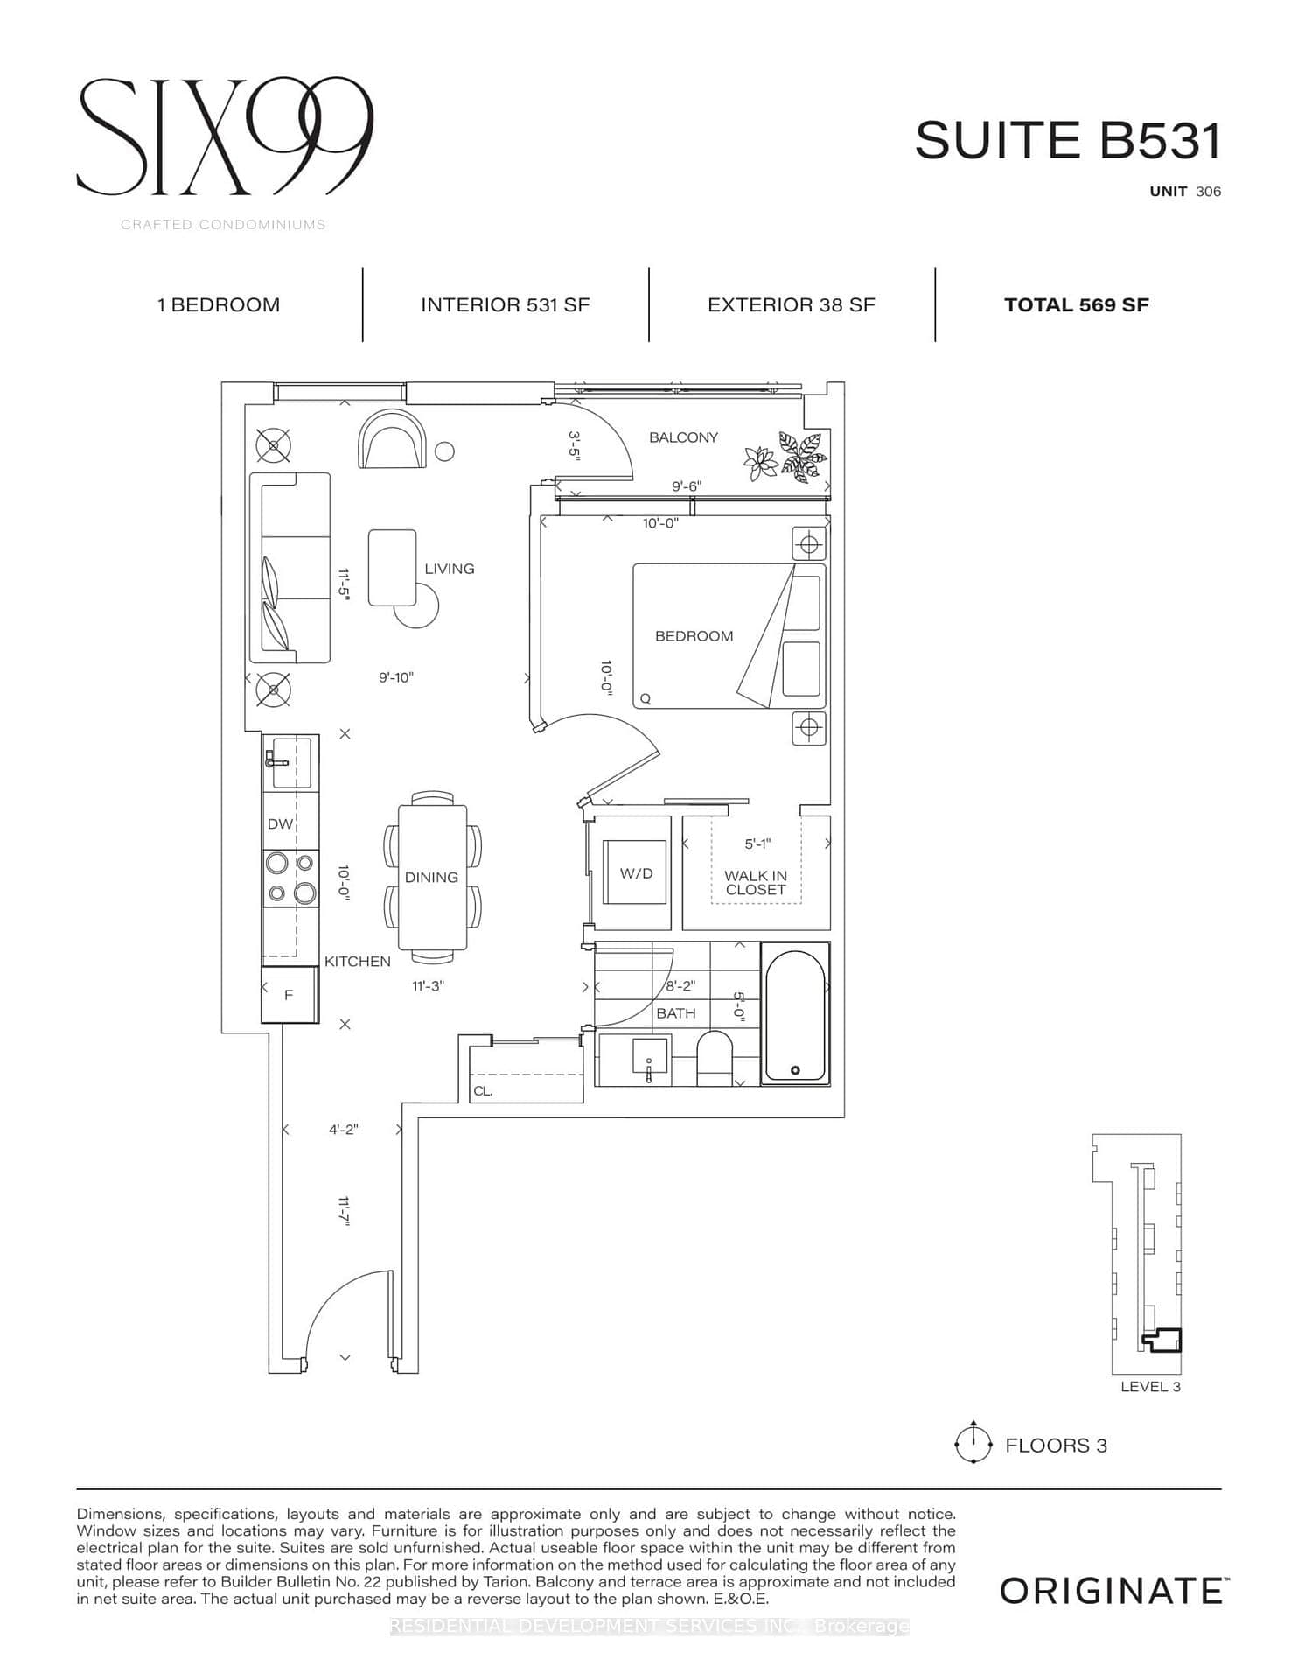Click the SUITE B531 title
coord(1067,140)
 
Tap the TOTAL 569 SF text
coord(1076,305)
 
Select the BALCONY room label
coord(683,437)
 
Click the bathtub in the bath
coord(795,1013)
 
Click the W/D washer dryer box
coord(636,873)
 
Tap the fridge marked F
coord(290,995)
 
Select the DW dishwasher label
coord(280,823)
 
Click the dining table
coord(432,877)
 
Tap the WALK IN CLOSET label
coord(756,882)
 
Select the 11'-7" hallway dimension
coord(344,1212)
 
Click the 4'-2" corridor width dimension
coord(343,1130)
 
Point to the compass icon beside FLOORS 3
coord(973,1445)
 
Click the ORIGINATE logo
coord(1111,1590)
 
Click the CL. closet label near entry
coord(483,1091)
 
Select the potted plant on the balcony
coord(787,456)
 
